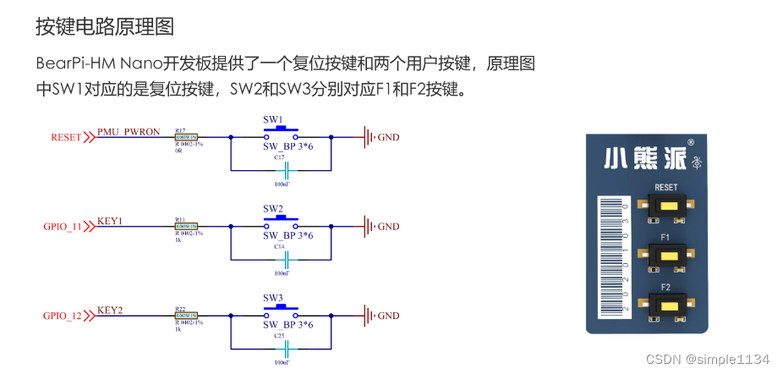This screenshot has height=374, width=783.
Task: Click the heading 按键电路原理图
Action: pyautogui.click(x=105, y=26)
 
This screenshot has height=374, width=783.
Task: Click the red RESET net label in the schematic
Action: pyautogui.click(x=66, y=137)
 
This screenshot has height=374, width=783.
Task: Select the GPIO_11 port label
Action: pyautogui.click(x=63, y=227)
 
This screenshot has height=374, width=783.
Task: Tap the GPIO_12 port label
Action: pyautogui.click(x=63, y=316)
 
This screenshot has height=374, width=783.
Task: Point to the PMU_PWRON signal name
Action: pyautogui.click(x=129, y=132)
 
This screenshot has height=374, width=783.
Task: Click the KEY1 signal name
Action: pyautogui.click(x=111, y=221)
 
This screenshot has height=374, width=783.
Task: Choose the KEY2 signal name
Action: pyautogui.click(x=111, y=311)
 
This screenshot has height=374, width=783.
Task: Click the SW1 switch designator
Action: pyautogui.click(x=273, y=119)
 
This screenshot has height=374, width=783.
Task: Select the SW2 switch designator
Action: pyautogui.click(x=273, y=208)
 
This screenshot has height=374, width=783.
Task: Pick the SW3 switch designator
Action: pyautogui.click(x=273, y=298)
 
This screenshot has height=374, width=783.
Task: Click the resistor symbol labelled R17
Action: pyautogui.click(x=186, y=137)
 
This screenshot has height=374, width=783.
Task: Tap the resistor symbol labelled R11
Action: pyautogui.click(x=186, y=226)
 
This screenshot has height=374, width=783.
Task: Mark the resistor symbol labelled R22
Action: pyautogui.click(x=186, y=316)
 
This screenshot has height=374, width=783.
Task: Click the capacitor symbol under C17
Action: pyautogui.click(x=287, y=168)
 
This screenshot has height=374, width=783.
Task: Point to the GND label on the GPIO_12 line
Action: pyautogui.click(x=388, y=316)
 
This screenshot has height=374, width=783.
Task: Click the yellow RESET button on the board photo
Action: pyautogui.click(x=668, y=206)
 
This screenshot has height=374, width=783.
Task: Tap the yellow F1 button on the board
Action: pyautogui.click(x=668, y=256)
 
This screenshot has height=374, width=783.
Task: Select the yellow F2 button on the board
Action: pyautogui.click(x=668, y=305)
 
